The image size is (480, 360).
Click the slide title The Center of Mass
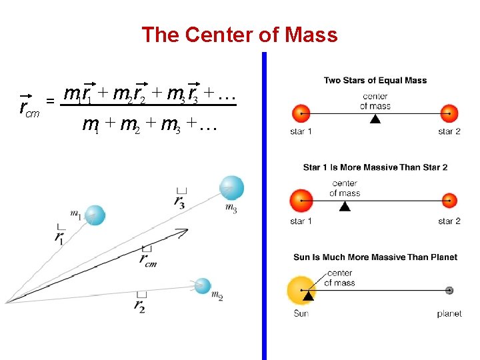pos(239,35)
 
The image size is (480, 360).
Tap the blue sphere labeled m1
pos(95,215)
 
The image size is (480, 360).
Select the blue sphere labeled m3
pos(231,187)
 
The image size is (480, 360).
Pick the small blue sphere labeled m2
pos(203,286)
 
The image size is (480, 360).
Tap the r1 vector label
pos(61,234)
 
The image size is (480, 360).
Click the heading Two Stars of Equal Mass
pos(375,81)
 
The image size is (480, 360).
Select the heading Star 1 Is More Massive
pos(375,167)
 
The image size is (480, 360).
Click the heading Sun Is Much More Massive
pos(375,257)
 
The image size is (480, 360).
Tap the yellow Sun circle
pos(301,291)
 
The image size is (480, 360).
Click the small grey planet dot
pos(449,290)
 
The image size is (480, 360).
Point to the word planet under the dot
pos(449,313)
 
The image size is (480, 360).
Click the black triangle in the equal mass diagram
pos(375,119)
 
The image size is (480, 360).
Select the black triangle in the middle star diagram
pos(344,206)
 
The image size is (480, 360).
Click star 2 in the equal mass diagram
pos(449,113)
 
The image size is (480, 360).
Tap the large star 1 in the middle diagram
pos(301,201)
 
